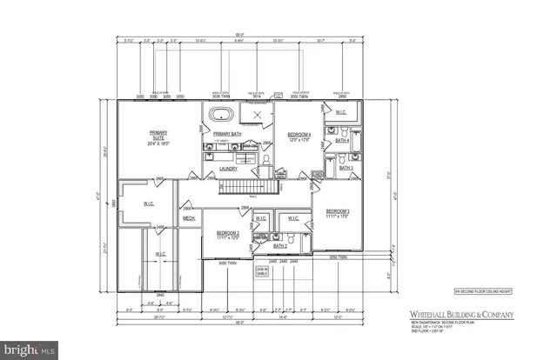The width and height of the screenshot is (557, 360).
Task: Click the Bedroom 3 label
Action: (338, 213)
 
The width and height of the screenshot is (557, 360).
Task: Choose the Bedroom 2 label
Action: (227, 236)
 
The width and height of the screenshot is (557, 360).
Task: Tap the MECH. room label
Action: (189, 218)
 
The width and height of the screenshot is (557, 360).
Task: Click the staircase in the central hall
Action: (251, 186)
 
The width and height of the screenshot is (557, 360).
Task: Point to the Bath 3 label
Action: (345, 169)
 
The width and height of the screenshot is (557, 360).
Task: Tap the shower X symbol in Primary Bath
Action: (257, 117)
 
